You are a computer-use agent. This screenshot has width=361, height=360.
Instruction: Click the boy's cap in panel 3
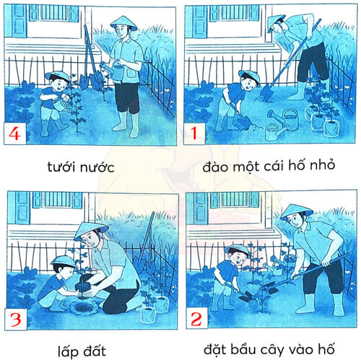(x=64, y=260)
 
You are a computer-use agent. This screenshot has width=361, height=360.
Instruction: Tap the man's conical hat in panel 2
(x=295, y=210)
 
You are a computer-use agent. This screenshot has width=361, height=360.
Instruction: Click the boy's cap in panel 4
(x=56, y=75)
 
